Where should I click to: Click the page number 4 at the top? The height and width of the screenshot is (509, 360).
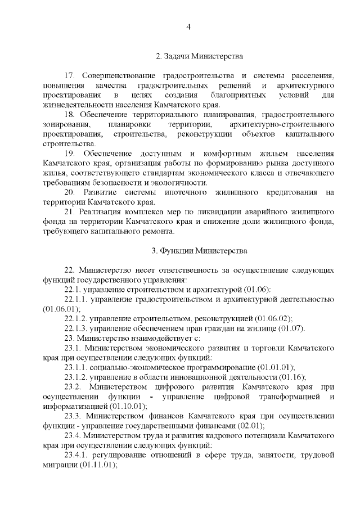tap(189, 27)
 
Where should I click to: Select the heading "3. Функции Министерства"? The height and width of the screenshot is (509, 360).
tap(199, 250)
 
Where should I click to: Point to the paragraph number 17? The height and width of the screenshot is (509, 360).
tap(70, 75)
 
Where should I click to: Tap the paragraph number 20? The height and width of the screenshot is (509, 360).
tap(70, 193)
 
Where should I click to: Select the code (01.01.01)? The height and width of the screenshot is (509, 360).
tap(275, 367)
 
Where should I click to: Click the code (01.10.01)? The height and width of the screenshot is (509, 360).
tap(129, 406)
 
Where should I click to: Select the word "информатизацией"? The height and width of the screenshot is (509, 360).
tap(75, 406)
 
